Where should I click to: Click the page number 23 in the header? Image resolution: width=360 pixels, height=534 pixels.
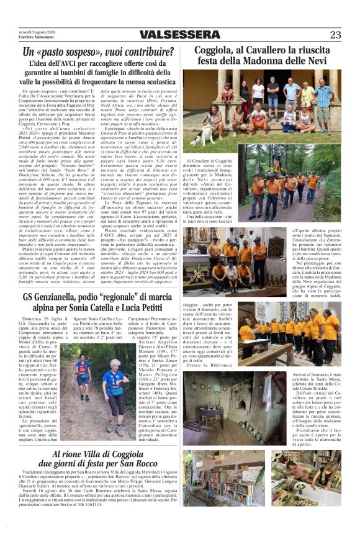(335, 35)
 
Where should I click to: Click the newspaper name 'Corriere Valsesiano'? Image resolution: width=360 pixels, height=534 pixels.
(34, 37)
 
